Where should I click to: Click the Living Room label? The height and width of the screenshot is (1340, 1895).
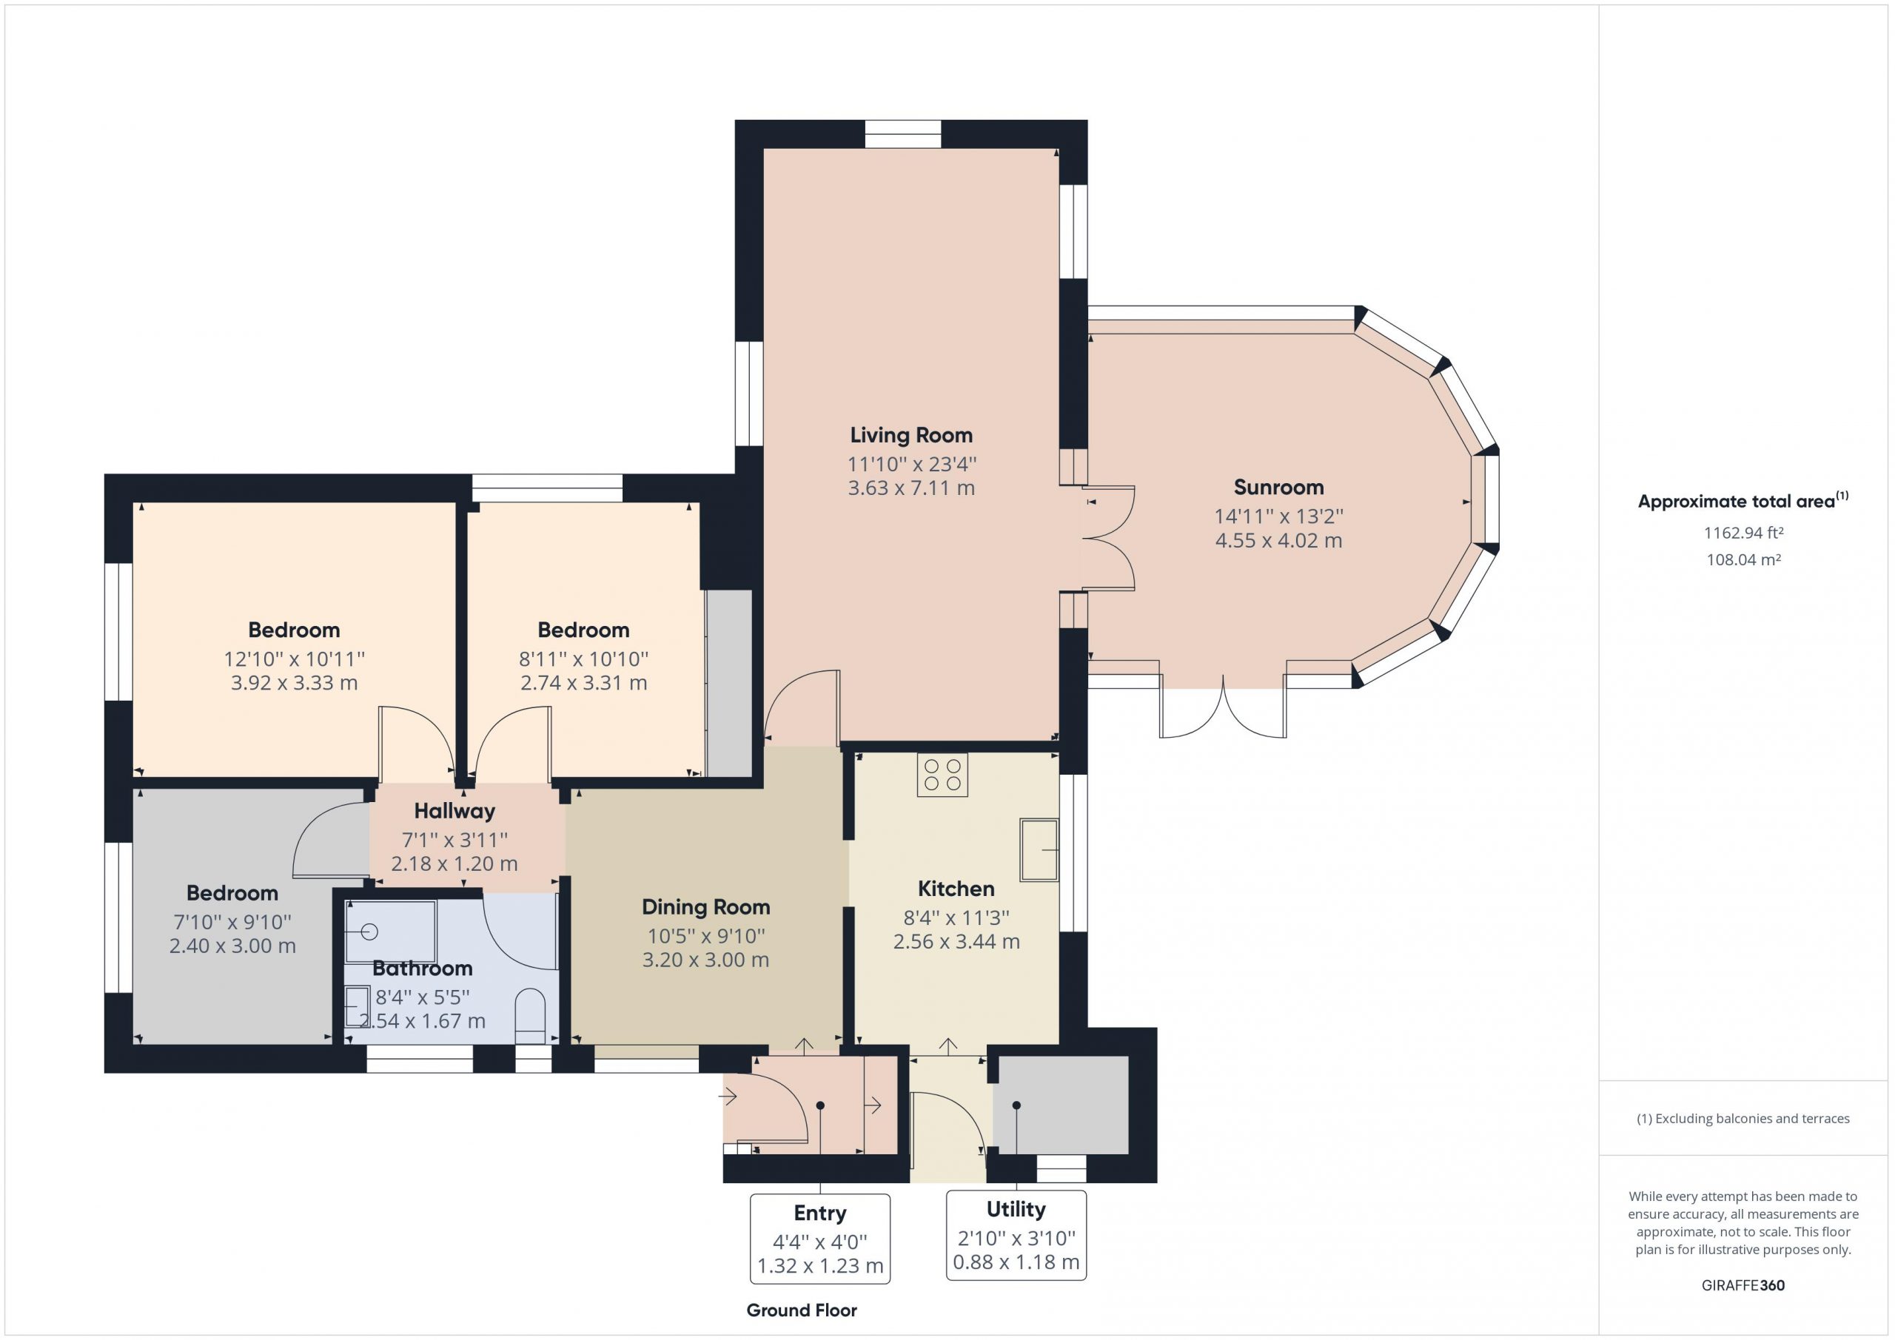click(x=911, y=435)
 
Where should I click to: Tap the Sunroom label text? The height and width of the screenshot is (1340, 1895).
click(x=1278, y=488)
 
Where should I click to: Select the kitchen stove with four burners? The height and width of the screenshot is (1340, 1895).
click(x=942, y=775)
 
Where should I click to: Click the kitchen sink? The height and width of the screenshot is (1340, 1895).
click(x=1039, y=849)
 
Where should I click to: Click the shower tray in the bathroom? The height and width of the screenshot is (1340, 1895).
click(x=390, y=932)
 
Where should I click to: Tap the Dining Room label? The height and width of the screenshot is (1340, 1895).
click(x=705, y=907)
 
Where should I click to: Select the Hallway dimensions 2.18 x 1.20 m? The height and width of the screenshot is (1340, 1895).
click(x=454, y=864)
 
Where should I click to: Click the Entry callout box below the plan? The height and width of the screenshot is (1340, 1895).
click(x=819, y=1239)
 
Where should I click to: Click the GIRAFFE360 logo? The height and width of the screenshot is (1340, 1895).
click(x=1743, y=1285)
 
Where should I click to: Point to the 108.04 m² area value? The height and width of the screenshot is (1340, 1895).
click(x=1743, y=559)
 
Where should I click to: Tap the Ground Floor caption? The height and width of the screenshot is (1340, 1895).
click(x=802, y=1310)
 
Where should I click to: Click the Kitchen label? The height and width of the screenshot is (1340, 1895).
click(x=956, y=889)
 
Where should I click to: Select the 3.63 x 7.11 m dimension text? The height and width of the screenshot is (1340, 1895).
click(x=911, y=488)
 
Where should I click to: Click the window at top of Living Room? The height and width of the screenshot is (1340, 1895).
click(x=903, y=135)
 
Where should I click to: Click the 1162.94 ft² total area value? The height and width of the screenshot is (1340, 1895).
click(x=1743, y=533)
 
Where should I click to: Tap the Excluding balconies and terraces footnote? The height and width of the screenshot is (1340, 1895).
click(x=1743, y=1119)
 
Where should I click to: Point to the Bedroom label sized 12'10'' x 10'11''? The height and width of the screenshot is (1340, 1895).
click(x=294, y=630)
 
